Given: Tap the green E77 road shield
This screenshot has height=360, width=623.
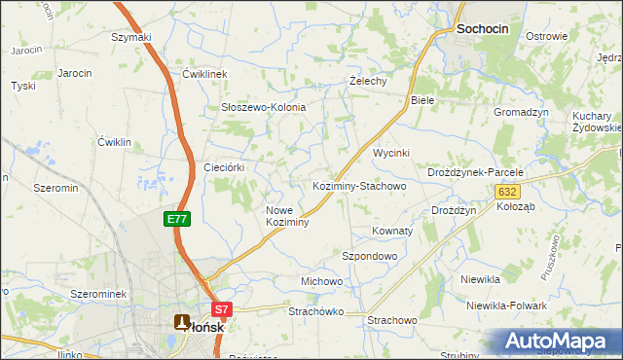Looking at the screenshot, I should (x=176, y=220).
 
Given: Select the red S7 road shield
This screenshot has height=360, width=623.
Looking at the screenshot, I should (x=223, y=310).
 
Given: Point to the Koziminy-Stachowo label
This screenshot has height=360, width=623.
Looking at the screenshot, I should (x=358, y=185).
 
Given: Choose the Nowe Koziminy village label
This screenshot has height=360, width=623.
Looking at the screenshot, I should (x=287, y=216).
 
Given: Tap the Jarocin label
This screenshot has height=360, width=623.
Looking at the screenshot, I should (x=75, y=73).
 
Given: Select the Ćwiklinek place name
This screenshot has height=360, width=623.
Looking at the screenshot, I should (x=204, y=74).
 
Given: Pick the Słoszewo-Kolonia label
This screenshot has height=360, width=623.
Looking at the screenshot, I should (x=264, y=107).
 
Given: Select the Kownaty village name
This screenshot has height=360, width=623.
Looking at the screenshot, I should (x=393, y=232).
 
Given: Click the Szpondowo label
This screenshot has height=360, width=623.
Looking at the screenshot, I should (x=370, y=256).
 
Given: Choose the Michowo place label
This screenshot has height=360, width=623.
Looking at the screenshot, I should (x=321, y=281).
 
